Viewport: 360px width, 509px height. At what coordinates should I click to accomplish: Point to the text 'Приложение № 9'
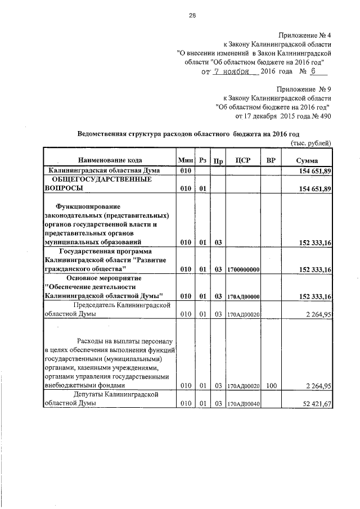coord(304,89)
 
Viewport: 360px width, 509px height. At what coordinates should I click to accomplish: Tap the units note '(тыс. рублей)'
coord(311,143)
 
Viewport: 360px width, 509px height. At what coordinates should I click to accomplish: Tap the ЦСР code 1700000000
coord(243,270)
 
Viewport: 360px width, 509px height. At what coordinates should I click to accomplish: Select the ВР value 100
coord(271,386)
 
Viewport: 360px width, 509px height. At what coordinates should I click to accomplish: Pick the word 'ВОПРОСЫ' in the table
coord(61,188)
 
